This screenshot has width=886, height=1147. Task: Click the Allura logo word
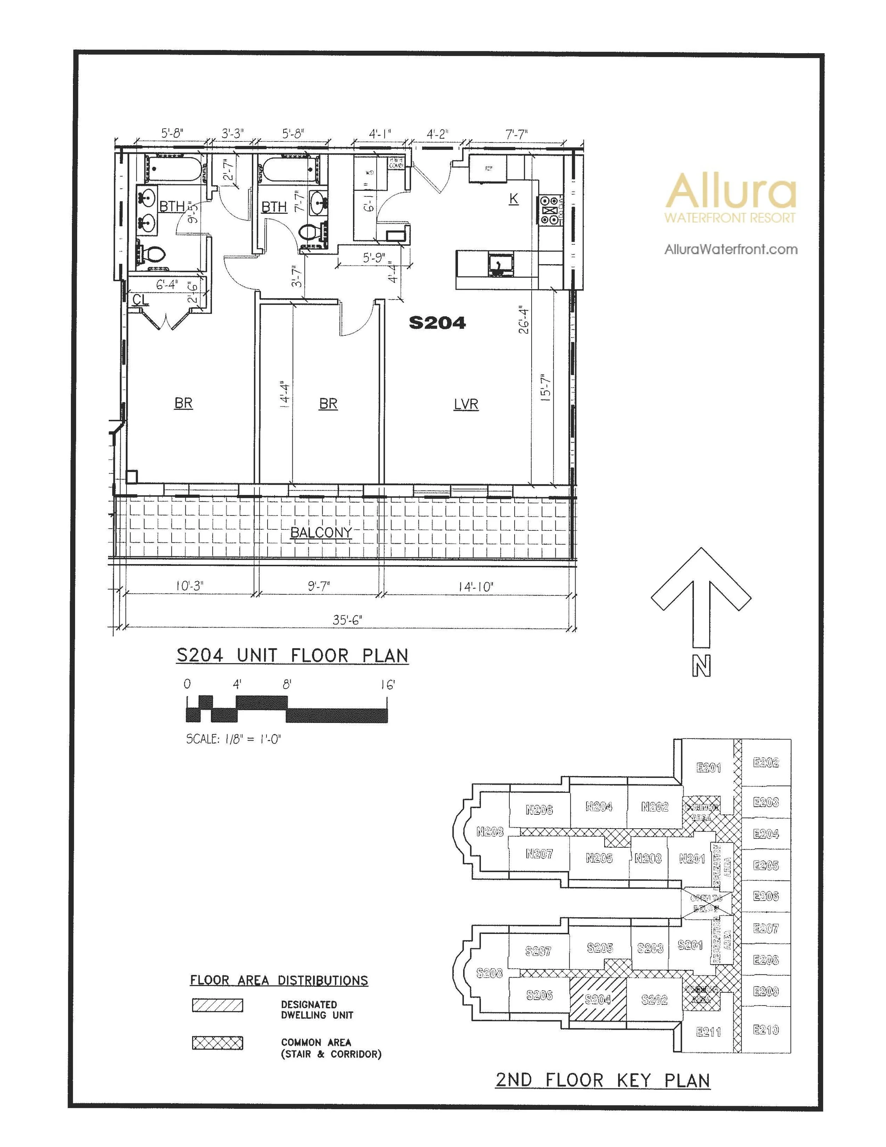pyautogui.click(x=731, y=190)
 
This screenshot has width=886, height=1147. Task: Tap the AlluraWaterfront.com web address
pyautogui.click(x=731, y=250)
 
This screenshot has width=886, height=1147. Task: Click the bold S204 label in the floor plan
pyautogui.click(x=437, y=322)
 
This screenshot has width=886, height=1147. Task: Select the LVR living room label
pyautogui.click(x=466, y=404)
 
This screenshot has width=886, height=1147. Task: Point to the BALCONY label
pyautogui.click(x=321, y=533)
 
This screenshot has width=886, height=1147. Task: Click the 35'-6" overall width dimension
pyautogui.click(x=347, y=620)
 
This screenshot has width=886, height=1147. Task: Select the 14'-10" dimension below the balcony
pyautogui.click(x=476, y=587)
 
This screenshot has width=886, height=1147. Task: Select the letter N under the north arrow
pyautogui.click(x=701, y=667)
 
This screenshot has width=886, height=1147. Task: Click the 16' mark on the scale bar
pyautogui.click(x=387, y=685)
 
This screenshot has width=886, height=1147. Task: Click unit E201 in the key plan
pyautogui.click(x=708, y=768)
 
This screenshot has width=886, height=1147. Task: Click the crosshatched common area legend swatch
pyautogui.click(x=217, y=1042)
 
